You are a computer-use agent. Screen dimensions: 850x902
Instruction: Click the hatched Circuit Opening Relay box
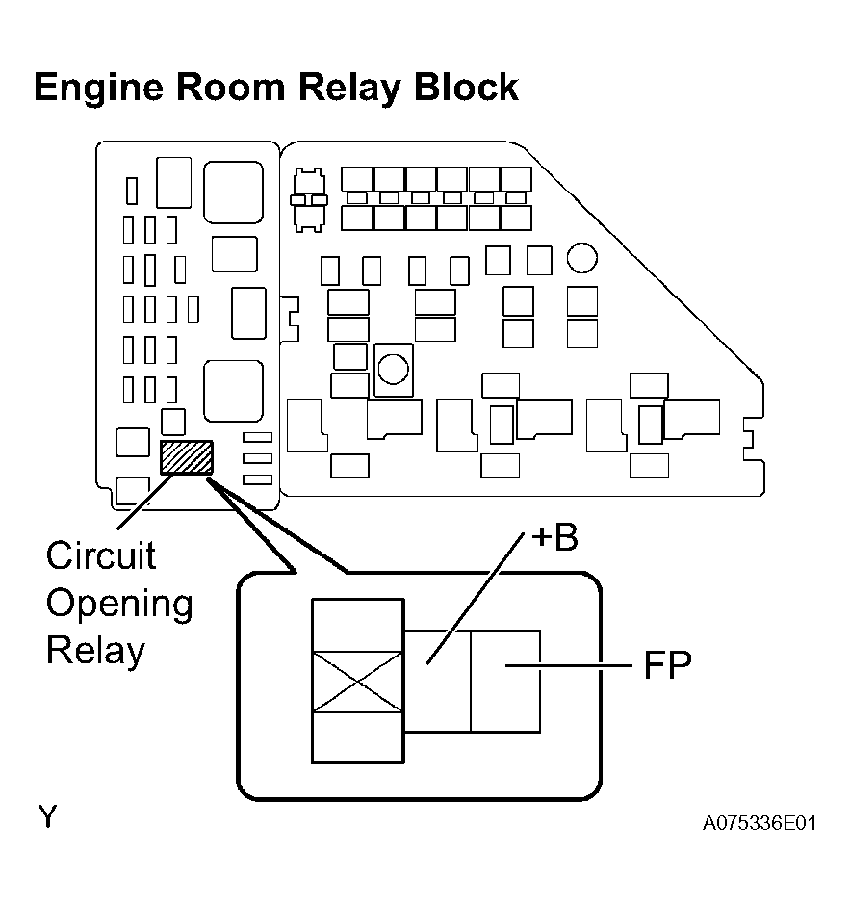click(x=187, y=457)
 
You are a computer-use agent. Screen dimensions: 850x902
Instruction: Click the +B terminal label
click(x=554, y=537)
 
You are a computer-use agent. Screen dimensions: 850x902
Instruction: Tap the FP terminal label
click(x=667, y=665)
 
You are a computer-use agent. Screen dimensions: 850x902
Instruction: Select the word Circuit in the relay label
click(x=101, y=555)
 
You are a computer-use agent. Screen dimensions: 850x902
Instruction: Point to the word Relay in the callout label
click(x=95, y=651)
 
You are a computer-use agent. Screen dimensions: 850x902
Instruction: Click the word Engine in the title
click(x=98, y=89)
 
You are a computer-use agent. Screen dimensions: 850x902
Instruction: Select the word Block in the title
click(x=467, y=88)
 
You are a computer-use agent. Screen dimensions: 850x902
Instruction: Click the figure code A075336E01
click(x=760, y=823)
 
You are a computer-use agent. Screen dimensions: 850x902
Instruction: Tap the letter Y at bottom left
click(x=48, y=816)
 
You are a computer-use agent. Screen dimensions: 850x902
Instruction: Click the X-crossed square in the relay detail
click(x=358, y=682)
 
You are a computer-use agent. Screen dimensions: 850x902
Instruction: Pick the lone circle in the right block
click(x=582, y=258)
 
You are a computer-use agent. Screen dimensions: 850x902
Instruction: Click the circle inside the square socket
click(x=394, y=369)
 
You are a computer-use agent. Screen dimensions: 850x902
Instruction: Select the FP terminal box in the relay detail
click(x=505, y=682)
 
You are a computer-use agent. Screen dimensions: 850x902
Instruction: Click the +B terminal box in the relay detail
click(x=438, y=682)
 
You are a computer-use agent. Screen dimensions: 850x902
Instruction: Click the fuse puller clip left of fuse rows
click(x=309, y=200)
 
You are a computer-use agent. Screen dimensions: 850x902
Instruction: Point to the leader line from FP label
click(x=569, y=665)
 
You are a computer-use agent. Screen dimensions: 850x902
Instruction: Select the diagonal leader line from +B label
click(x=475, y=598)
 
